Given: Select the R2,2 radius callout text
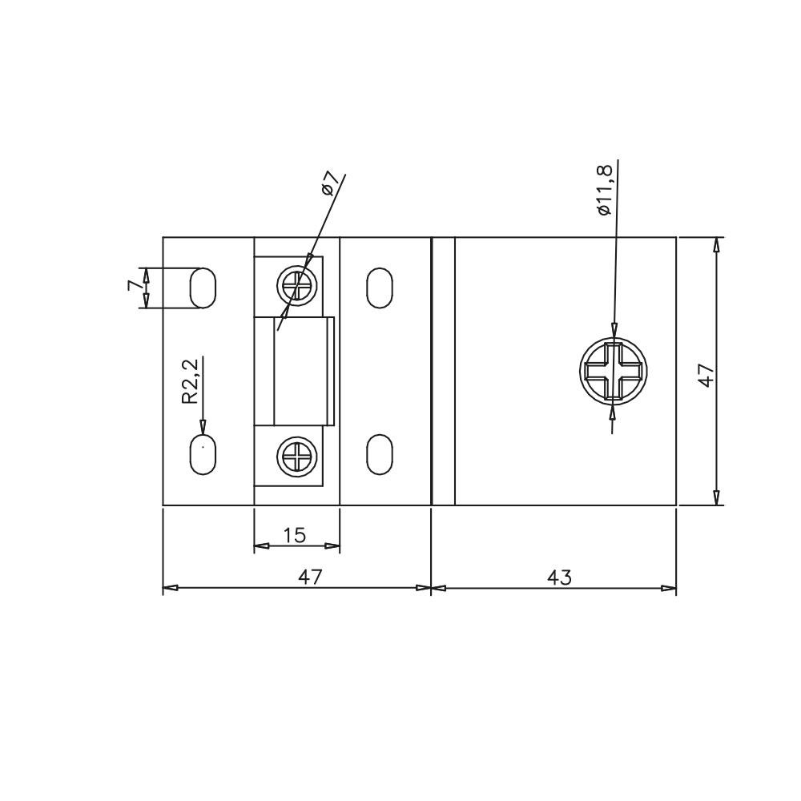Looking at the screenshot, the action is click(190, 381).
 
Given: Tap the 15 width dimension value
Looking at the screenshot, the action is click(295, 535).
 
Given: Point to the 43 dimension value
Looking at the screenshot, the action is click(559, 578).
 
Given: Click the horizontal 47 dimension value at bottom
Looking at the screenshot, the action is click(311, 577).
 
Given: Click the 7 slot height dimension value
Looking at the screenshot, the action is click(133, 285).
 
